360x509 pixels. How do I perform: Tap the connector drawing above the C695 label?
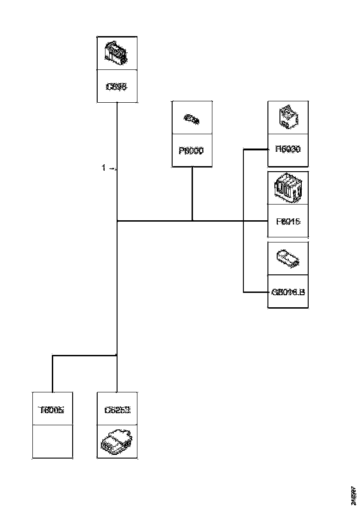tap(116, 52)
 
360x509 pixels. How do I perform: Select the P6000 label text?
tap(192, 151)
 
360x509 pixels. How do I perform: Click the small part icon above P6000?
tap(192, 119)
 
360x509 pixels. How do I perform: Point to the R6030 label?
tap(288, 149)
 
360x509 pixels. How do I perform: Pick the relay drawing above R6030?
tap(288, 118)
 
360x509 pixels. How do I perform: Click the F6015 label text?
tap(288, 221)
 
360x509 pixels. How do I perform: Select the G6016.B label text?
tap(288, 292)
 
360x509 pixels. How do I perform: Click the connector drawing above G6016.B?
tap(288, 259)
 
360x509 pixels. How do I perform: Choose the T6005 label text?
tap(52, 410)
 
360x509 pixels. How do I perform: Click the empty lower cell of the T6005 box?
tap(52, 441)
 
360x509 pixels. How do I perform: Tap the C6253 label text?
tap(117, 410)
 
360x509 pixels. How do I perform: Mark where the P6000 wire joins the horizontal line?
tap(192, 221)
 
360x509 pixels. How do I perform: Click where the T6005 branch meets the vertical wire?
tap(117, 356)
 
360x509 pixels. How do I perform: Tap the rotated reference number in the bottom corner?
tap(353, 495)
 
